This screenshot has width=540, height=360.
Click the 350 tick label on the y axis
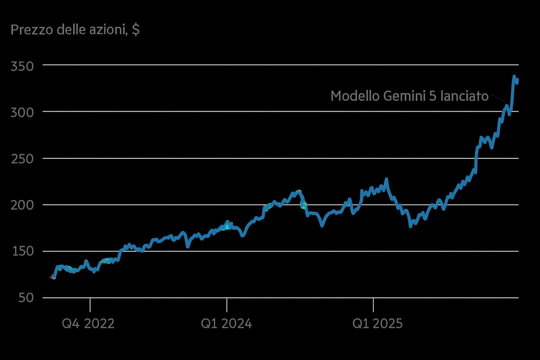coord(22,66)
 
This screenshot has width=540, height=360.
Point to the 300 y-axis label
coord(22,112)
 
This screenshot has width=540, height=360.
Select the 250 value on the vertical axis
coord(22,159)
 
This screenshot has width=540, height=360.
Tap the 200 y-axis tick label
coord(22,205)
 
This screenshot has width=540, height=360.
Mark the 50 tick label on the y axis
coord(26,298)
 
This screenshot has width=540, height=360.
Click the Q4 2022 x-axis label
coord(88,323)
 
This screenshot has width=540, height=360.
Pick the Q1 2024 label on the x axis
coord(226,323)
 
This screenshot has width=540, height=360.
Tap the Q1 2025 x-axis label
coord(378,323)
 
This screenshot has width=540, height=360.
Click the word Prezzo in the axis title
coord(32,30)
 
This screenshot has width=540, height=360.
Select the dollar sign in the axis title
coord(136,30)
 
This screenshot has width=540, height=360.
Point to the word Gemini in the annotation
coord(404,96)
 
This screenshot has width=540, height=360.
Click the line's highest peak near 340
coord(514,76)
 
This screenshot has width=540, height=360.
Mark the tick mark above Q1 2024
coord(227,304)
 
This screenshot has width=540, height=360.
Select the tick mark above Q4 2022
coord(90,304)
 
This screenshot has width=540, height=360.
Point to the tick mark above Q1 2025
coord(373,304)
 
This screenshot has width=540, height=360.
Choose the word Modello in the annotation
coord(355,96)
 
